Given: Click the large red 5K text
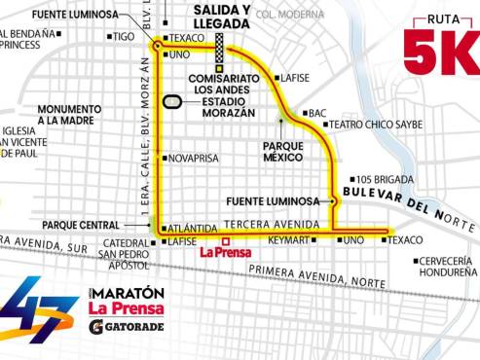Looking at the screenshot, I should (x=440, y=51).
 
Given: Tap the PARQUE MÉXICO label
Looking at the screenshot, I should (x=284, y=152).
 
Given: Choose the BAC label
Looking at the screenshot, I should (x=317, y=113).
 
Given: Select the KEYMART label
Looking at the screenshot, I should (x=289, y=240).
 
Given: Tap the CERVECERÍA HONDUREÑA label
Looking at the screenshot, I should (x=445, y=268).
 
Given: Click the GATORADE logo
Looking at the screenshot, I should (x=127, y=327).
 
